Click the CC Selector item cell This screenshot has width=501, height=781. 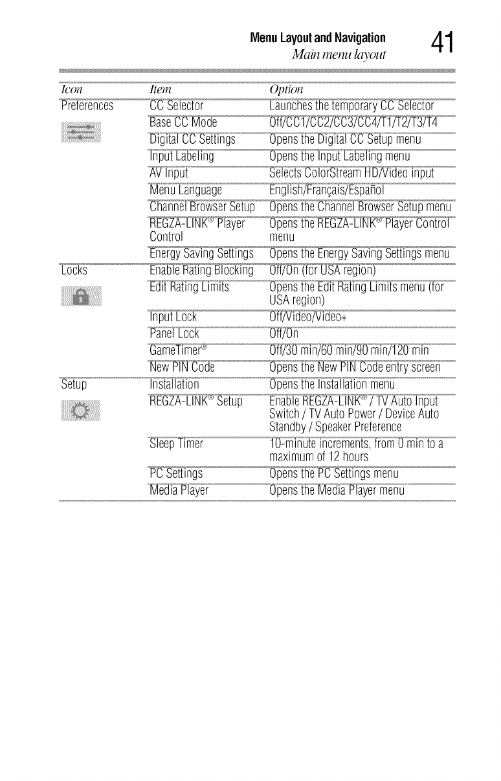(x=176, y=106)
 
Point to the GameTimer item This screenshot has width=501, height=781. (x=178, y=351)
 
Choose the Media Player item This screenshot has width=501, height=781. (x=179, y=490)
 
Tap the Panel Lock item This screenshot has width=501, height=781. (x=173, y=334)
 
